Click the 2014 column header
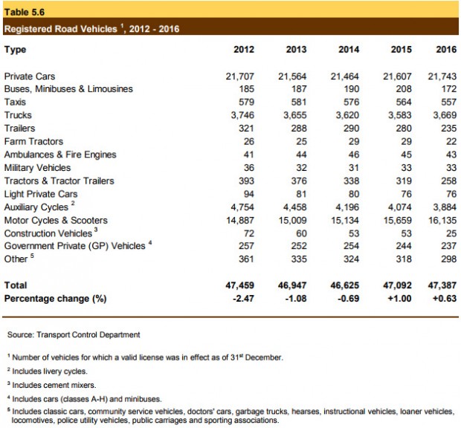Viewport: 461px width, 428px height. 349,49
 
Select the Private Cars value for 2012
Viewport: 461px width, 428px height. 240,77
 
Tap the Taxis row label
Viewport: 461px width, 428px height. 15,102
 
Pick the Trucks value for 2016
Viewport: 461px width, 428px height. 445,115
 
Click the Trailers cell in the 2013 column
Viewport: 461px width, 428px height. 299,129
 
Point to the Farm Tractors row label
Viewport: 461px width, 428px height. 33,142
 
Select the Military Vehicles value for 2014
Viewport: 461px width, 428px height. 354,168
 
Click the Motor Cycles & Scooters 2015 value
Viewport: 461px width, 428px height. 398,220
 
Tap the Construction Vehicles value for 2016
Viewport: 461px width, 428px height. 451,233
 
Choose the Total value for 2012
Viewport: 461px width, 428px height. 240,285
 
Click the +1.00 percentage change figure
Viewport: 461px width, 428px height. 399,299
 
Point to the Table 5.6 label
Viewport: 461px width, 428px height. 25,12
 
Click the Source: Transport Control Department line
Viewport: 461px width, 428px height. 74,334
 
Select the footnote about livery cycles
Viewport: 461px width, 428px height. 48,372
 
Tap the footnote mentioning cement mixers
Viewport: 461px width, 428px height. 52,385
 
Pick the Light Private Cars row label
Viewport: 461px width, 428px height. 41,194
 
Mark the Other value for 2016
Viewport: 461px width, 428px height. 448,259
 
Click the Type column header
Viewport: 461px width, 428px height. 15,50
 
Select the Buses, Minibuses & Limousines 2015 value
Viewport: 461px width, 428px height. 404,89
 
